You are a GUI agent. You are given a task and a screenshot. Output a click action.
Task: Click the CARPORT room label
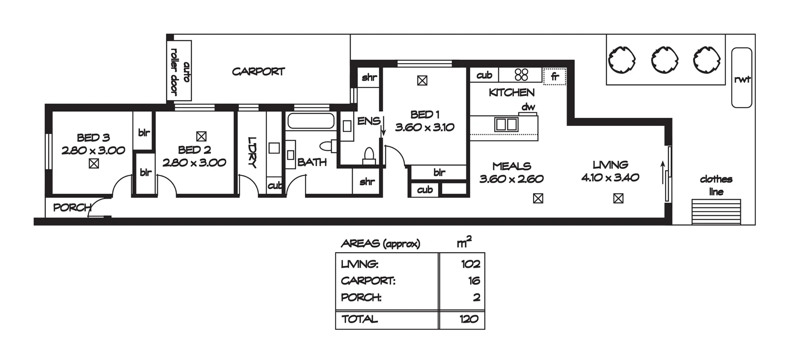(258, 72)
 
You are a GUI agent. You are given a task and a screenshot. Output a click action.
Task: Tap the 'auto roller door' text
(180, 72)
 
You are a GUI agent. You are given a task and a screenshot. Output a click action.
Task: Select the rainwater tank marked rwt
(742, 78)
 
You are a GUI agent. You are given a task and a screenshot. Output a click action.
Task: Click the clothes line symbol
(716, 212)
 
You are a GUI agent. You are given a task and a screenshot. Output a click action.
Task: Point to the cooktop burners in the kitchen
(521, 75)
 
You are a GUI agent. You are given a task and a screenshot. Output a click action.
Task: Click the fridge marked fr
(555, 76)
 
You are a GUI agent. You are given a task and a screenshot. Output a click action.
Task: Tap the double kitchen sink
(506, 124)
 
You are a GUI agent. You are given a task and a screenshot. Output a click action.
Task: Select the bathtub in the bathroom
(311, 121)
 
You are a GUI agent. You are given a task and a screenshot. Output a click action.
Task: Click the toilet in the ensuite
(369, 156)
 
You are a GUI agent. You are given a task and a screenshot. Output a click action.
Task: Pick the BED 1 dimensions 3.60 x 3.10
(425, 127)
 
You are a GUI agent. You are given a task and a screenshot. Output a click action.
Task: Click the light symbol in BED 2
(201, 136)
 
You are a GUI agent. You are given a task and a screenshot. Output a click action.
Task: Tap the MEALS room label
(512, 166)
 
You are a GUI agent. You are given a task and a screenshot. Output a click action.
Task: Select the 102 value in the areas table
(471, 264)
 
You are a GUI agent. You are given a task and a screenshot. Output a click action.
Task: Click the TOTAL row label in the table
(360, 319)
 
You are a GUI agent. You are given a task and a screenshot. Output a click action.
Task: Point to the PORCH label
(72, 208)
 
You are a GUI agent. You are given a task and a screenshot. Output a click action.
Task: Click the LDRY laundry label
(252, 152)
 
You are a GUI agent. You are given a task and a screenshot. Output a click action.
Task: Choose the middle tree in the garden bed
(665, 60)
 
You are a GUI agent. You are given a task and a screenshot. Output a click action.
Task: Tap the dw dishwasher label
(528, 107)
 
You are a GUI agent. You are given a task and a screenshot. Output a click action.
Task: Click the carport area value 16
(474, 281)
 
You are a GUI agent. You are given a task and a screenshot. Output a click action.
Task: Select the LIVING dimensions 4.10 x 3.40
(610, 178)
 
